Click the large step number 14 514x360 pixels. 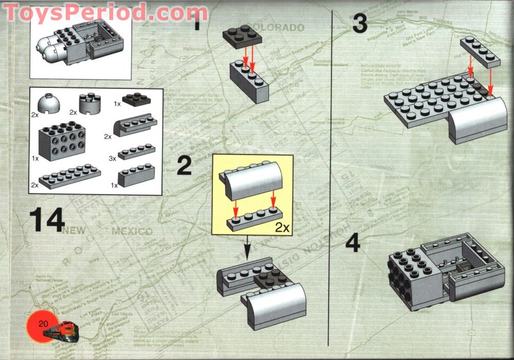point(46,220)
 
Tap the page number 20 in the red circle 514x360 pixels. point(43,324)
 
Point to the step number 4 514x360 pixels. point(353,243)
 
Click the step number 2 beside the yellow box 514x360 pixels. point(184,166)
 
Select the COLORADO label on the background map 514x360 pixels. point(280,27)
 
